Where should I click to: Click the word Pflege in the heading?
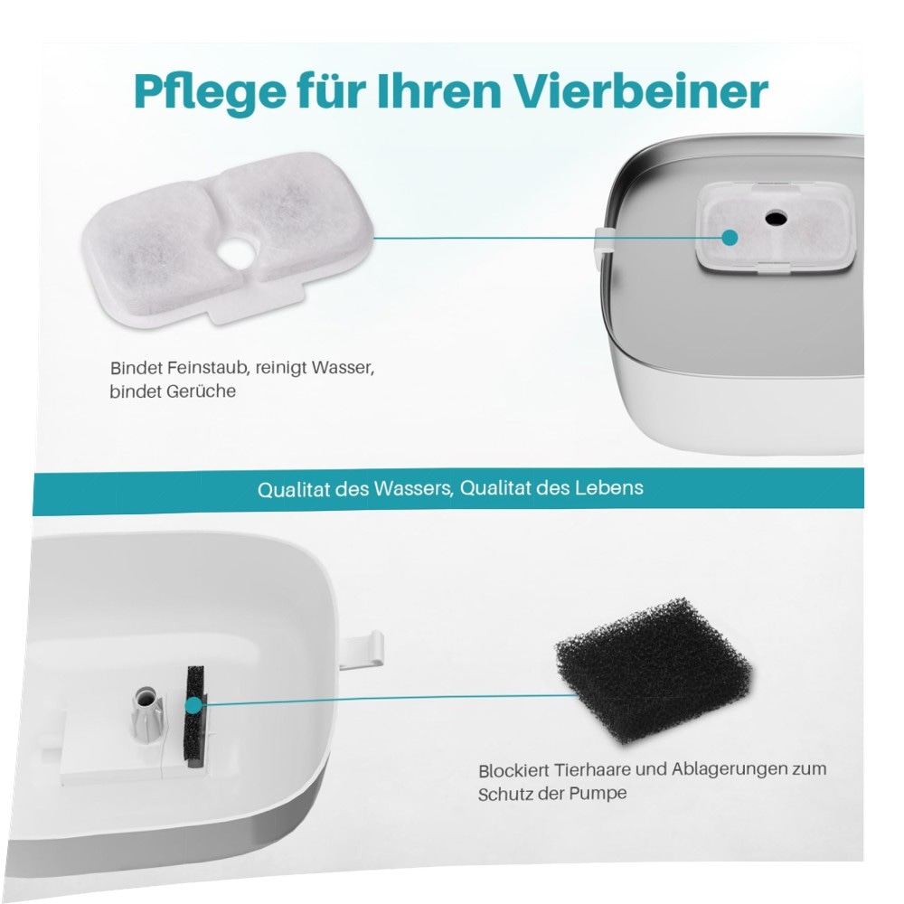[x=210, y=92]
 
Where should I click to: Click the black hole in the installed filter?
[x=776, y=217]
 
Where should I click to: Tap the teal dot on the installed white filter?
[x=730, y=237]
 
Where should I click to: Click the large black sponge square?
[x=654, y=671]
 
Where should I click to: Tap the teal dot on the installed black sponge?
[x=193, y=704]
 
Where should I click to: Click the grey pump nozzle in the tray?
[x=146, y=712]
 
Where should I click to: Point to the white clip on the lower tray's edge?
[x=362, y=649]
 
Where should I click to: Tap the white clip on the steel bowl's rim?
[x=602, y=241]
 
